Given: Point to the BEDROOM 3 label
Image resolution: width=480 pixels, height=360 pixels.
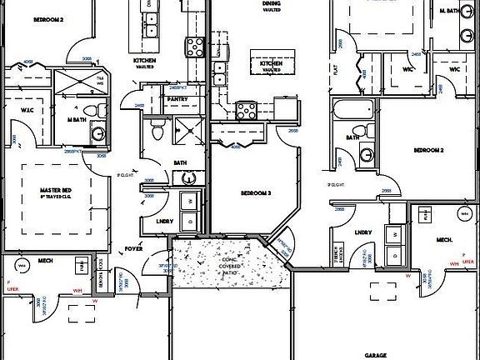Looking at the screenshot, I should click(x=255, y=192).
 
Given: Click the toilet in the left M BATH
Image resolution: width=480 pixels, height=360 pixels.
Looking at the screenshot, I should click(x=98, y=110).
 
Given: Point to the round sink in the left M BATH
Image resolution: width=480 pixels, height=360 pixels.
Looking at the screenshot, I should click(x=97, y=132).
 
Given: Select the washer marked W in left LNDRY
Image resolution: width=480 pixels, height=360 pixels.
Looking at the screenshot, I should click(x=188, y=201).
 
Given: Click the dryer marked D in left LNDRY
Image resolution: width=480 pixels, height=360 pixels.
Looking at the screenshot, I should click(x=188, y=219).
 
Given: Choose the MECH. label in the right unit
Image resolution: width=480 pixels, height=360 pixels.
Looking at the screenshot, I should click(x=444, y=240).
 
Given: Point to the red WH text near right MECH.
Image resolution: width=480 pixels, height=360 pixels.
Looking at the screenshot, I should click(x=453, y=263).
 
